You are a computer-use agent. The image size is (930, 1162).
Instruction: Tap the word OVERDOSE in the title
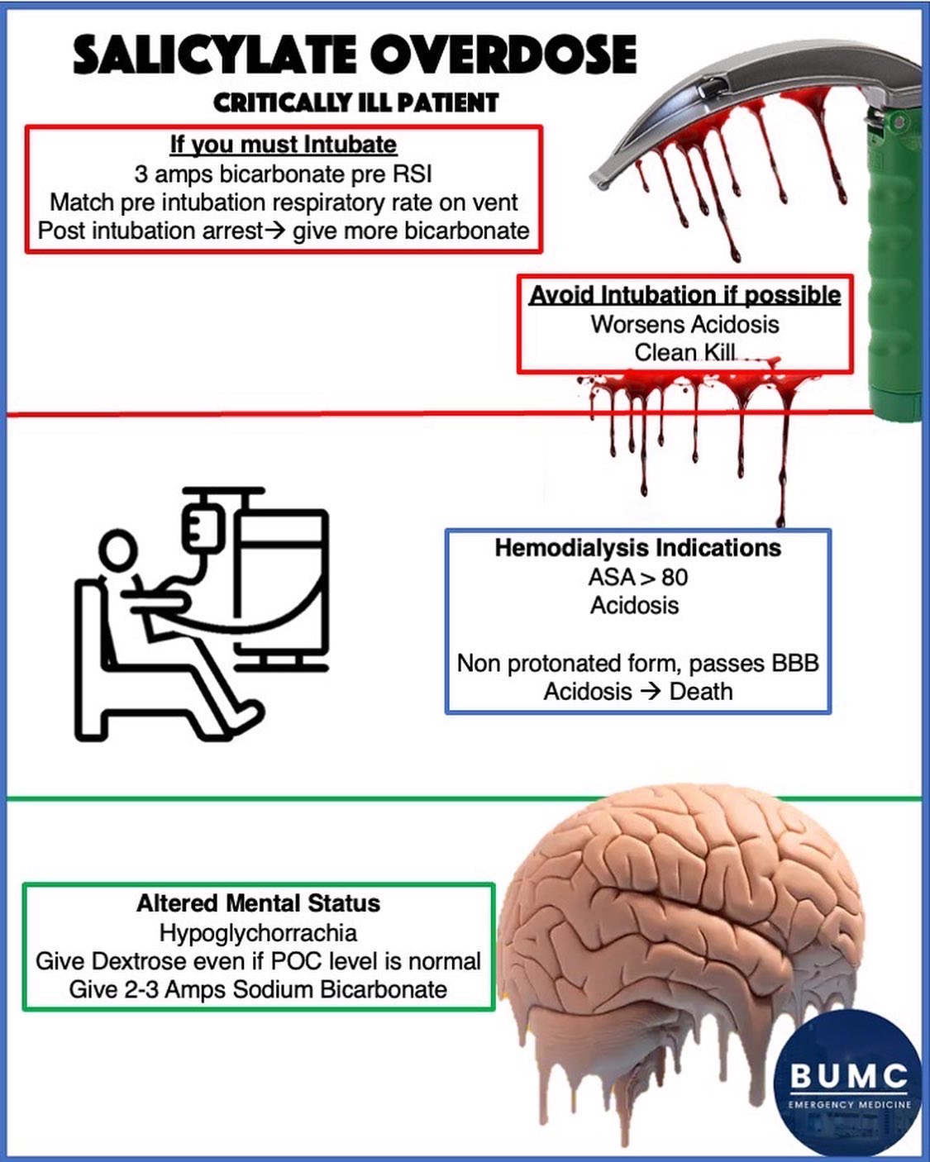pyautogui.click(x=503, y=56)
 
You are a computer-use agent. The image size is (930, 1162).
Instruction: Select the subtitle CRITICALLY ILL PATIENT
pyautogui.click(x=355, y=102)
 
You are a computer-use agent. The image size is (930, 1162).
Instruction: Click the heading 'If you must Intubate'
pyautogui.click(x=283, y=145)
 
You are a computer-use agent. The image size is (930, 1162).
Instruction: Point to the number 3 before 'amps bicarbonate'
pyautogui.click(x=141, y=174)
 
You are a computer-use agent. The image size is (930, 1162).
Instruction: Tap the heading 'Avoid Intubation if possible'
pyautogui.click(x=684, y=295)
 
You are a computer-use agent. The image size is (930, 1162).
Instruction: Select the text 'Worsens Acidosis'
pyautogui.click(x=684, y=324)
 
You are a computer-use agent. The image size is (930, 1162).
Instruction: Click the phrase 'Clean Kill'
pyautogui.click(x=684, y=353)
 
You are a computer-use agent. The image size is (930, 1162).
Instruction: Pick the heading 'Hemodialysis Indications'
pyautogui.click(x=637, y=548)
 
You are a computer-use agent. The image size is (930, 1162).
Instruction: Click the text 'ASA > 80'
pyautogui.click(x=637, y=577)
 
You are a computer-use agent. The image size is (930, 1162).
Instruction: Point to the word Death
pyautogui.click(x=701, y=692)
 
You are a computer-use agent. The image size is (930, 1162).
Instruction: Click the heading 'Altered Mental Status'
pyautogui.click(x=258, y=903)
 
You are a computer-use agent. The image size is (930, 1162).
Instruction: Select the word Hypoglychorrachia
pyautogui.click(x=258, y=933)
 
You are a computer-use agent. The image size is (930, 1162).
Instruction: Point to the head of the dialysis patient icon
pyautogui.click(x=119, y=550)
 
